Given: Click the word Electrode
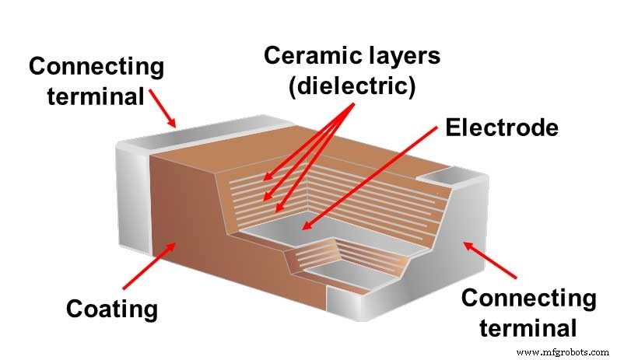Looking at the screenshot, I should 502,127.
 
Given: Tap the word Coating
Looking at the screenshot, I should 111,309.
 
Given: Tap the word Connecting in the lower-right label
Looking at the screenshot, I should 529,299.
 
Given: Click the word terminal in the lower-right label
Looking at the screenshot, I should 529,327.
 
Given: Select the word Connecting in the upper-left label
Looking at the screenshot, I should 96,66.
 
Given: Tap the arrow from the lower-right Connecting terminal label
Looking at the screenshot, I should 491,260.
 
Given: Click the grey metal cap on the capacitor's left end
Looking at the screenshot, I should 131,194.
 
